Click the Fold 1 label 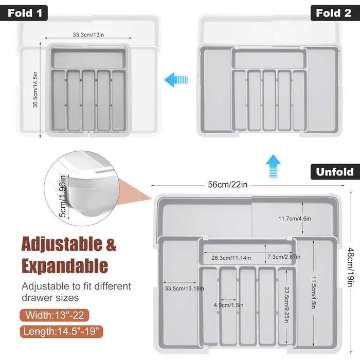click(24, 13)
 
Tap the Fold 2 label click(335, 13)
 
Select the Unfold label click(335, 172)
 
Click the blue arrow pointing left click(176, 80)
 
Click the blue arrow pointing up click(273, 166)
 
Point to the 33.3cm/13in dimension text click(88, 35)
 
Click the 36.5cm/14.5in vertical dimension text click(35, 90)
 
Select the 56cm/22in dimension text click(227, 185)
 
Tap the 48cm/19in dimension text click(350, 267)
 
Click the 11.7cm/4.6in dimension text click(295, 219)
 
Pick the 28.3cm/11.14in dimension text click(231, 258)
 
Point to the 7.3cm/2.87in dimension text click(284, 257)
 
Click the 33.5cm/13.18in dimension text click(184, 289)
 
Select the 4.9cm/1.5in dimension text click(228, 305)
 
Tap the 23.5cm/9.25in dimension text click(286, 305)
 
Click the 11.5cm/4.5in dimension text click(314, 293)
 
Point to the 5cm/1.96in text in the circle click(62, 196)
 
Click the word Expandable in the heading click(65, 266)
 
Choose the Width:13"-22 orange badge click(55, 315)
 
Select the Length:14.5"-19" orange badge click(61, 332)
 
